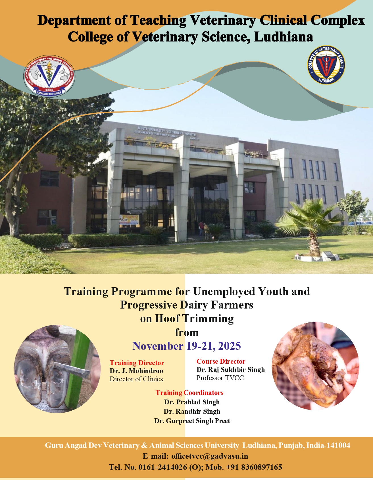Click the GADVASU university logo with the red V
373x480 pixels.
49,76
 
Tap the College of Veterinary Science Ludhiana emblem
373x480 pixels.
326,65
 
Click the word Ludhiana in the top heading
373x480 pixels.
283,37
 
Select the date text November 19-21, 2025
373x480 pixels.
187,346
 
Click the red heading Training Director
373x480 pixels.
137,363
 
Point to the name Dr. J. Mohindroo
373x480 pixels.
136,371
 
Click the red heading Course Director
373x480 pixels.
221,361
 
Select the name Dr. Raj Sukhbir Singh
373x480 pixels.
231,370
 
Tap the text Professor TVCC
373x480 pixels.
220,378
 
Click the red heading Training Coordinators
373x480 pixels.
189,393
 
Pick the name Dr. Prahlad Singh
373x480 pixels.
192,402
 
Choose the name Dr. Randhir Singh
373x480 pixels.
192,411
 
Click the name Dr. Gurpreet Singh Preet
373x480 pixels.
192,421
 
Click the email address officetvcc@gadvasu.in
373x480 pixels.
210,456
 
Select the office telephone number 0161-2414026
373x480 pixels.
162,467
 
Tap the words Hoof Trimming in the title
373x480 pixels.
194,319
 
